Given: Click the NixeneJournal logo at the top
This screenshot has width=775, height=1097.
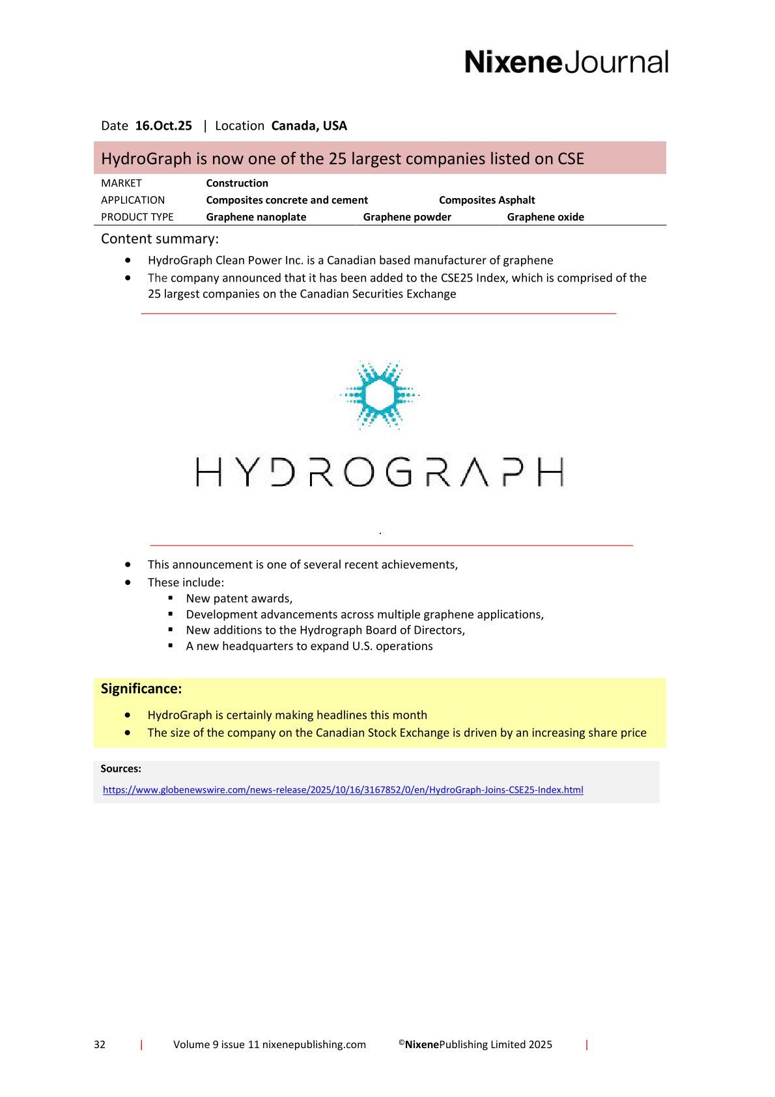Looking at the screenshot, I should tap(566, 62).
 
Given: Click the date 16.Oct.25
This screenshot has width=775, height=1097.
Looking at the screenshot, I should tap(163, 126).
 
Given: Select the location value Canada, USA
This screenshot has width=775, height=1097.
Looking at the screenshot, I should tap(309, 126).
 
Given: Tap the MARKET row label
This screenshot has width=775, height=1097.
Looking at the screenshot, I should tap(121, 183).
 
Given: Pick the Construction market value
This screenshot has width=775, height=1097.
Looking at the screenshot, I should tap(237, 183).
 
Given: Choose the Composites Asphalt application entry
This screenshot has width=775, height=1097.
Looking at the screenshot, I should tap(486, 200).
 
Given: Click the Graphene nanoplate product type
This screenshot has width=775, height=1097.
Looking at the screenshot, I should tap(256, 217).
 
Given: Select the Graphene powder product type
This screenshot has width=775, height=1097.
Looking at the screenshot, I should tap(407, 217).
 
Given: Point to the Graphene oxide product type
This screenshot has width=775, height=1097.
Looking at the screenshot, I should tap(545, 217).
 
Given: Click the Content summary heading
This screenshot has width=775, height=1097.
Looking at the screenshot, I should tap(160, 238).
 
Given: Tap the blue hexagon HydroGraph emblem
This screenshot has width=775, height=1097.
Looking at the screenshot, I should tap(380, 395).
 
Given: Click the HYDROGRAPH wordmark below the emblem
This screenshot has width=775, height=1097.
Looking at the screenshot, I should tap(380, 472).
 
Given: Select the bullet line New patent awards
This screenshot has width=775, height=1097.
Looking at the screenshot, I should tap(239, 598).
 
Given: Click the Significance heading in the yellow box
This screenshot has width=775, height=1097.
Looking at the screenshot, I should tap(141, 689).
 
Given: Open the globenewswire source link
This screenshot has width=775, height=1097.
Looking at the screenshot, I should tap(343, 790).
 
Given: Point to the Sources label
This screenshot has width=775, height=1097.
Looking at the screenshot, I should tap(120, 769).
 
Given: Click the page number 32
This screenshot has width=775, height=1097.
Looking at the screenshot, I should tap(100, 1044).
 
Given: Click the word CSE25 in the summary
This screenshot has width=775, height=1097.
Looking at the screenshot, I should tap(457, 278).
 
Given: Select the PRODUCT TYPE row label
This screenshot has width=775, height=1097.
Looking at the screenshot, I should tap(137, 217).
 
